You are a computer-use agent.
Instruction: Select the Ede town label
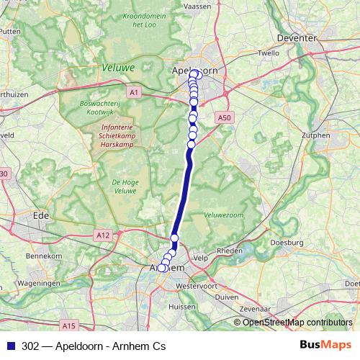pyautogui.click(x=40, y=215)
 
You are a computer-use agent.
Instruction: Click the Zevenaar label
pyautogui.click(x=256, y=307)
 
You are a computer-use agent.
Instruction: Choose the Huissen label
pyautogui.click(x=182, y=306)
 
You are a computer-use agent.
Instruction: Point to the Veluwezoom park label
pyautogui.click(x=224, y=215)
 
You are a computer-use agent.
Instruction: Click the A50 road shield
pyautogui.click(x=224, y=117)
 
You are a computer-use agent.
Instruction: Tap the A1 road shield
pyautogui.click(x=134, y=93)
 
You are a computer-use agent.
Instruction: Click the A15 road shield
pyautogui.click(x=68, y=325)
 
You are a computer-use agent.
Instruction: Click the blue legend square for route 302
pyautogui.click(x=10, y=346)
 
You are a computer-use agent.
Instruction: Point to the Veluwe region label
pyautogui.click(x=119, y=67)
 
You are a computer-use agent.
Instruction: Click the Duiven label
pyautogui.click(x=226, y=295)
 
